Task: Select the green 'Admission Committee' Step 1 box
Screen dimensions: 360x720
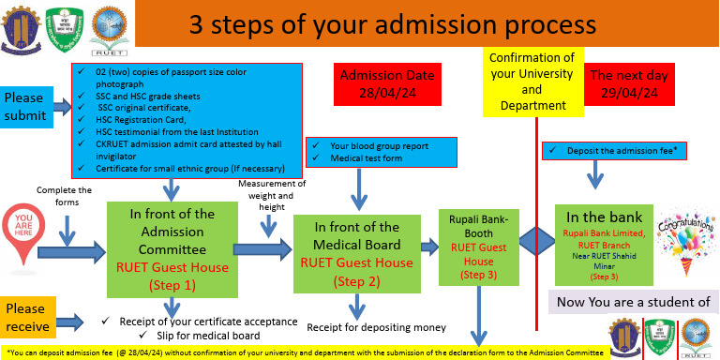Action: pos(170,247)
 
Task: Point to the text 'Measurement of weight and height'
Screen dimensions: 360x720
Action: pos(267,194)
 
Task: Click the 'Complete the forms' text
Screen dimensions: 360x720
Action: pos(64,197)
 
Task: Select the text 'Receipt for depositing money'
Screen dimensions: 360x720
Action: pos(376,327)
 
